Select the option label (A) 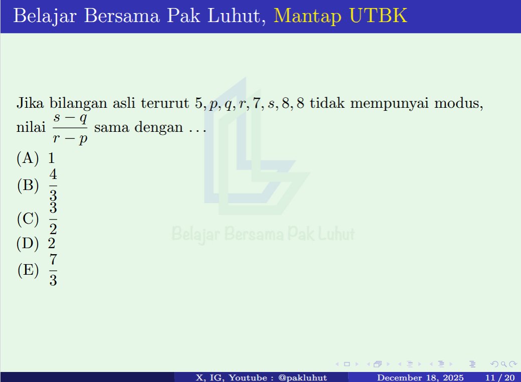pos(28,158)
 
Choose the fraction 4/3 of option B pos(53,185)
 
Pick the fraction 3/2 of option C pos(53,218)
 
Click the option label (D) pos(28,244)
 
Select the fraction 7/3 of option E pos(53,270)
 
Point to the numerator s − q pos(70,118)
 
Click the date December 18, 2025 pos(420,377)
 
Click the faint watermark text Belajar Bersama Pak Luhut pos(263,234)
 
